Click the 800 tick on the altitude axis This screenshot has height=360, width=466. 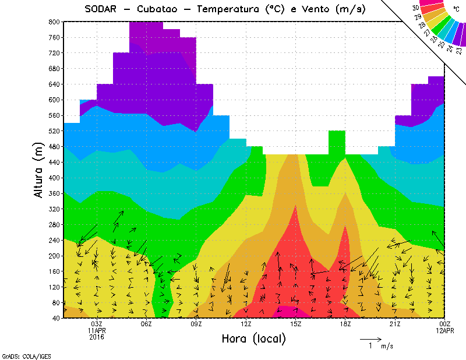tap(54, 22)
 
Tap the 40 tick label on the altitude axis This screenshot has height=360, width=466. tap(55, 319)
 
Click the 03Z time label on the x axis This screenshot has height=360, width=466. tap(97, 324)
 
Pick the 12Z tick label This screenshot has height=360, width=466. tap(246, 324)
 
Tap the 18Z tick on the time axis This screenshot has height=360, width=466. tap(345, 324)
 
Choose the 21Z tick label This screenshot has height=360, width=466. tap(395, 324)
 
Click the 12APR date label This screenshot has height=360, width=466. tap(445, 330)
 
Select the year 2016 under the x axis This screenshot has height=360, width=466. tap(97, 337)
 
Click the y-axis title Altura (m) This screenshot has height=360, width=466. tap(38, 170)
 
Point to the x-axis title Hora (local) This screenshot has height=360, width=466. tap(253, 338)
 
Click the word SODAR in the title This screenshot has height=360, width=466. tap(101, 9)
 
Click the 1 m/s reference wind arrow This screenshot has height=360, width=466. tap(370, 338)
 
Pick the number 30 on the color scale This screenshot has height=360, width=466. tap(415, 8)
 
